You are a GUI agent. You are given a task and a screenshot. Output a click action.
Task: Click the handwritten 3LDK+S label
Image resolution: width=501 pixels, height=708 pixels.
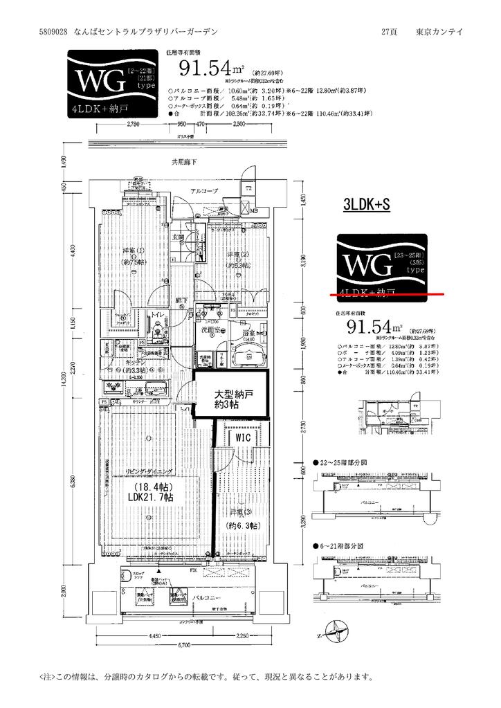(367, 205)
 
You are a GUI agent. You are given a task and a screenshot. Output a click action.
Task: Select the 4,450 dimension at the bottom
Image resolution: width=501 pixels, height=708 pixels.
(154, 636)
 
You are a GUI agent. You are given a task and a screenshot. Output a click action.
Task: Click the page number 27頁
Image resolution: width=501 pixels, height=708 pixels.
(390, 32)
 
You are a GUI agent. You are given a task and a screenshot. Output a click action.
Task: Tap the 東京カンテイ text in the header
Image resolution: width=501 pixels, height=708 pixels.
(441, 32)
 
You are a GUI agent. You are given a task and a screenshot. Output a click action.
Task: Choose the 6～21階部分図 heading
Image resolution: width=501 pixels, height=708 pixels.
(343, 545)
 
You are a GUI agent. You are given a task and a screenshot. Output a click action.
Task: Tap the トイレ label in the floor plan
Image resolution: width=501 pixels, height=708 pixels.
(157, 315)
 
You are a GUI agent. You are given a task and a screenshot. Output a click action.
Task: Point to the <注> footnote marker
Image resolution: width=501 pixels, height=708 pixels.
(46, 676)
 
